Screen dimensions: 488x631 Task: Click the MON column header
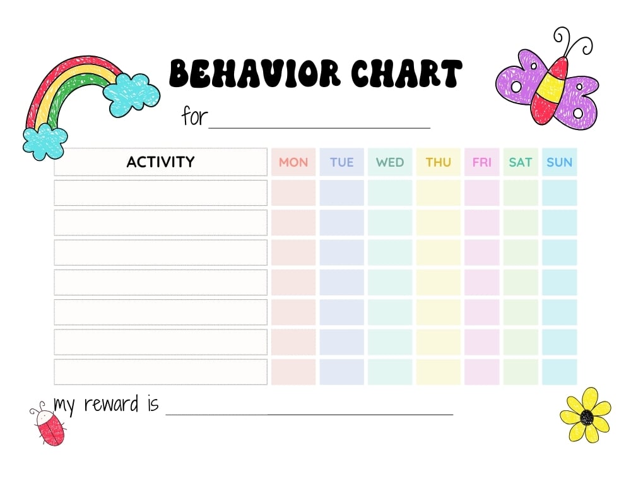tap(293, 162)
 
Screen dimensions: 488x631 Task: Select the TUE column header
tap(341, 162)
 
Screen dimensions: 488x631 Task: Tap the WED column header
tap(390, 162)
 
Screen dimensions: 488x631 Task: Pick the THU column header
tap(438, 162)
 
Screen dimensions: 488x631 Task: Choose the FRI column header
tap(481, 162)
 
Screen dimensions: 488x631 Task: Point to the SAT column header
tap(521, 162)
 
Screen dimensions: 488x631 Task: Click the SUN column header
tap(559, 162)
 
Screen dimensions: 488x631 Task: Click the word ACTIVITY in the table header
tap(160, 162)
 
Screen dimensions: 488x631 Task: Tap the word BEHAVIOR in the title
tap(256, 74)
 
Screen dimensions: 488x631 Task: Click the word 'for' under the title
tap(194, 116)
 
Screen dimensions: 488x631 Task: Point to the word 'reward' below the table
tap(111, 404)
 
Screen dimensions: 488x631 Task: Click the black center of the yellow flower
tap(587, 417)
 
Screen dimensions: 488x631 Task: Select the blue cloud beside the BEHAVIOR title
tap(131, 93)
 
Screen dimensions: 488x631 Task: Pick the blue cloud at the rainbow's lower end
tap(44, 141)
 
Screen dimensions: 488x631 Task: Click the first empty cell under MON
tap(293, 193)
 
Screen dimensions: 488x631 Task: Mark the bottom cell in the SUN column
tap(559, 372)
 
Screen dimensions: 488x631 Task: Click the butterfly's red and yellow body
tap(547, 88)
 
